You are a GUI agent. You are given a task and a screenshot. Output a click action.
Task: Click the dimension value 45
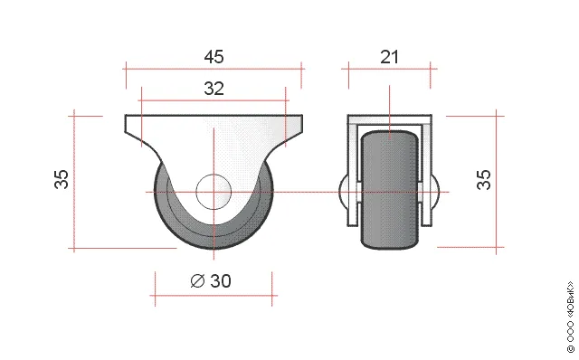[x=214, y=57]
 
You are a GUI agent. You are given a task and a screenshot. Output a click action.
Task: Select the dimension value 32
[x=214, y=89]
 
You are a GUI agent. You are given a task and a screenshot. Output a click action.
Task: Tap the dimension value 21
[x=390, y=57]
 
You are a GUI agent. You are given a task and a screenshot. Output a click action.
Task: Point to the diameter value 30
[x=221, y=281]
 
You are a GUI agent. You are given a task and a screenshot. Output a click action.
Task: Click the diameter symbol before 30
[x=197, y=281]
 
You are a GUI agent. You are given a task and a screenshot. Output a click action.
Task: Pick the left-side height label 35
[x=62, y=179]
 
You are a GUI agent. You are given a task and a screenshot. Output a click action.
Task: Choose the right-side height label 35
[x=484, y=179]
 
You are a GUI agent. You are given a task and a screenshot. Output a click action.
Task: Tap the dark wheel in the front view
[x=390, y=190]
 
